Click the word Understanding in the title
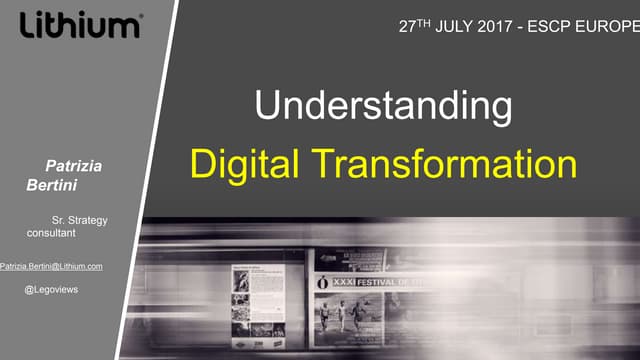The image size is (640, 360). (383, 106)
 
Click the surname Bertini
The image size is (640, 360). (49, 185)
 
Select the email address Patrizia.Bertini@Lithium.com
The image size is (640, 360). (52, 266)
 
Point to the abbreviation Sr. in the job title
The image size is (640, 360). (59, 219)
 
